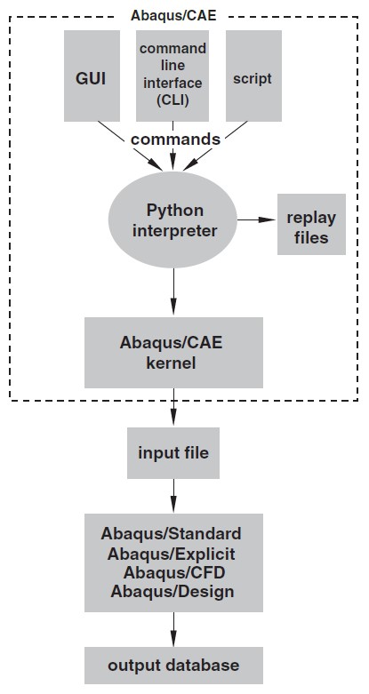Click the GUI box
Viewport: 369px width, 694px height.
click(92, 76)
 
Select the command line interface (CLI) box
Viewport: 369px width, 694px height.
click(172, 76)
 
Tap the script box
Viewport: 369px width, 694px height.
click(253, 76)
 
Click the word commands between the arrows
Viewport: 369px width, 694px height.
click(175, 140)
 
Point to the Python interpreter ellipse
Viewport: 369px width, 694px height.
click(172, 220)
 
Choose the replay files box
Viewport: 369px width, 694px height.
click(311, 225)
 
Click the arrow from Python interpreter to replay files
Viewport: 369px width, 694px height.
click(257, 219)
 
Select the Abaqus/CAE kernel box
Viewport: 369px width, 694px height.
click(173, 353)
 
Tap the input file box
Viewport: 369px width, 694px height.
click(173, 453)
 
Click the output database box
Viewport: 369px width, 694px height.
click(173, 666)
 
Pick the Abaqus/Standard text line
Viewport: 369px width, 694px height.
click(171, 534)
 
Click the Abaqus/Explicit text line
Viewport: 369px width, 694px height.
click(171, 554)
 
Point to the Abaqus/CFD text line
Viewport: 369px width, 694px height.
click(174, 573)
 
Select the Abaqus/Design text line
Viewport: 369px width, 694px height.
click(172, 592)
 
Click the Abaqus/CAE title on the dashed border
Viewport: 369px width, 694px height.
click(173, 15)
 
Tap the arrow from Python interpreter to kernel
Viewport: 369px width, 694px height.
click(173, 292)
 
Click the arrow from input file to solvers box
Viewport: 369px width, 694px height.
click(173, 496)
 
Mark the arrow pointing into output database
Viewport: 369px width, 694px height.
click(173, 629)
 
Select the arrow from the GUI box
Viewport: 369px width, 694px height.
click(131, 146)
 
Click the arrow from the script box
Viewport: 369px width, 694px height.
click(215, 146)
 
